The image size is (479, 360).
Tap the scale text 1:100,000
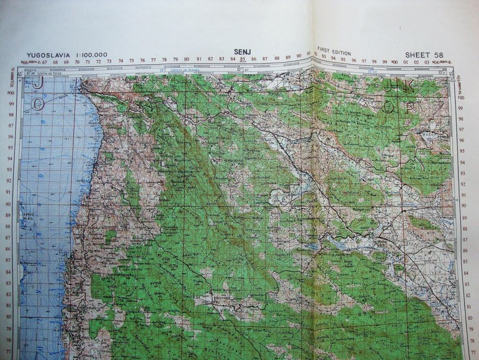click(91, 55)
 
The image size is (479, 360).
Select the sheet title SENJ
click(242, 51)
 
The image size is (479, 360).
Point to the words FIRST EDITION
click(334, 53)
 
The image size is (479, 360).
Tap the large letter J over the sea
click(37, 83)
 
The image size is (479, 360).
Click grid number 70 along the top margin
click(77, 62)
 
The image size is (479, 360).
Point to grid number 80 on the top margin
click(187, 60)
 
